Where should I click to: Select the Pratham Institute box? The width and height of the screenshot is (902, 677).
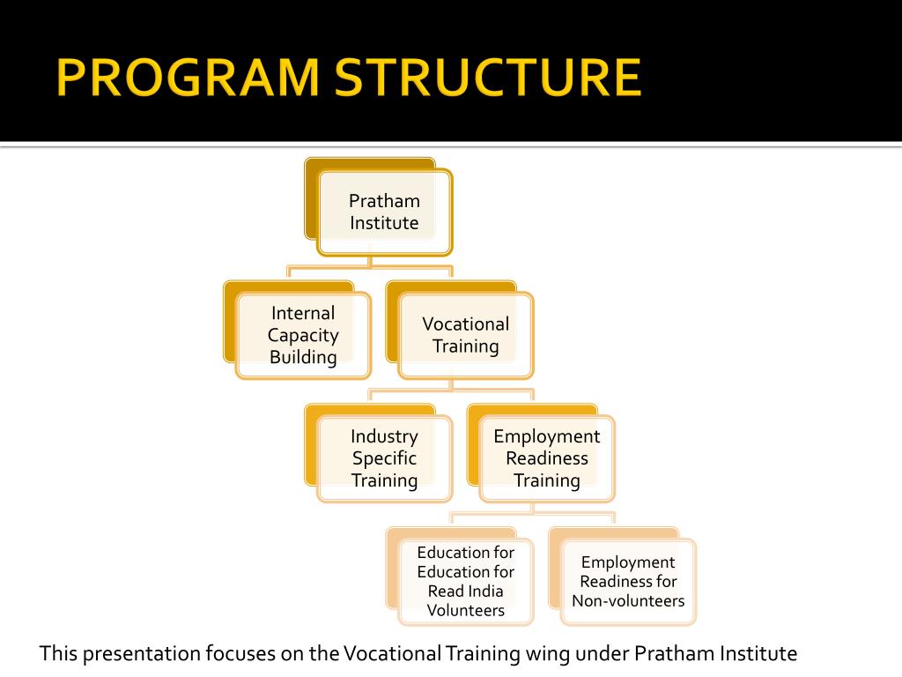click(384, 212)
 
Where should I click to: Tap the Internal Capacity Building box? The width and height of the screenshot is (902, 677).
click(303, 335)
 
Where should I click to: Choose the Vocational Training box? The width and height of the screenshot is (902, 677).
click(465, 335)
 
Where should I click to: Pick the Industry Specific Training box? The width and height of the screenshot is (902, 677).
click(384, 458)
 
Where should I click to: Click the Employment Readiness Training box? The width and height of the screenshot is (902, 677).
click(546, 458)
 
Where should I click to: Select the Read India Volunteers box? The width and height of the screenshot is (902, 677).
click(465, 581)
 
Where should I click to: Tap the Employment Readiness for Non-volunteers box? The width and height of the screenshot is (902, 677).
click(628, 581)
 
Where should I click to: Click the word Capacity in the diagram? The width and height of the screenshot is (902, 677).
click(303, 335)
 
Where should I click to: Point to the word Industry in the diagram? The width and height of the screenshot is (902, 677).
click(384, 436)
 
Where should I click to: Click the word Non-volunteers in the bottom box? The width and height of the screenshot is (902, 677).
click(628, 601)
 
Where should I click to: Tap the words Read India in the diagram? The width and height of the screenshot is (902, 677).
click(465, 591)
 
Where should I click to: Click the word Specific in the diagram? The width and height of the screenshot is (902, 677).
click(384, 458)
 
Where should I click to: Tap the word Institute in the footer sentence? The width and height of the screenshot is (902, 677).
click(758, 654)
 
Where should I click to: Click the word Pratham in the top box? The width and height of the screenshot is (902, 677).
click(384, 201)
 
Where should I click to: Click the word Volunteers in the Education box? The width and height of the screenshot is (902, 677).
click(465, 610)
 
